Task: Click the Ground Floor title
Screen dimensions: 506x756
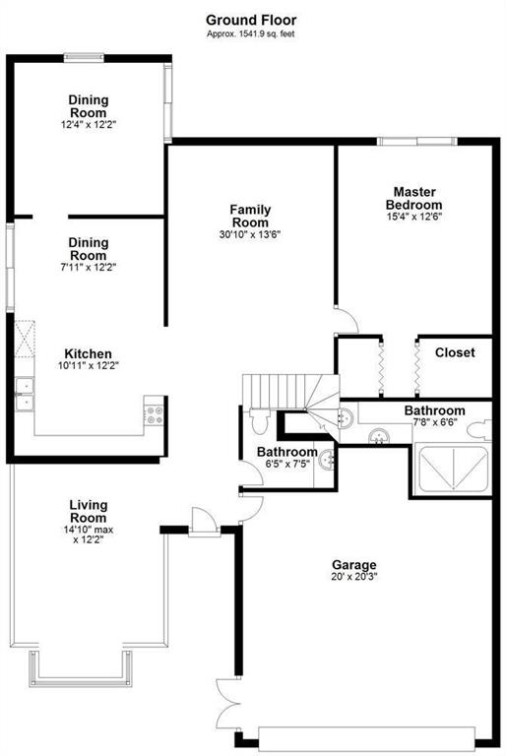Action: [251, 21]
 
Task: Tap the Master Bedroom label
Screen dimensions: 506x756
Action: [413, 198]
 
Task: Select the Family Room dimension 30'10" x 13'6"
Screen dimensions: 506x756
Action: [250, 235]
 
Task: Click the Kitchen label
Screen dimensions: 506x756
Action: [89, 354]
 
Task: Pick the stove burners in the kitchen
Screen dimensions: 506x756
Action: [155, 415]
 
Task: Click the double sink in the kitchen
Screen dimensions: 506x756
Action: [24, 395]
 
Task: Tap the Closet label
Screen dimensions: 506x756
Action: [455, 352]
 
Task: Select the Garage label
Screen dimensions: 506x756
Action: [354, 565]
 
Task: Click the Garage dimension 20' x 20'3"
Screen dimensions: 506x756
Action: [354, 577]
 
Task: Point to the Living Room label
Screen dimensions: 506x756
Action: [89, 512]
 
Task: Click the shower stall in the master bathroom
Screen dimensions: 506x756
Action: [453, 470]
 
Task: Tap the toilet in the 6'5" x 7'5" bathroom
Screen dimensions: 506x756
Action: [260, 420]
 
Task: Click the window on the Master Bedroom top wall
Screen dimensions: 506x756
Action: [416, 142]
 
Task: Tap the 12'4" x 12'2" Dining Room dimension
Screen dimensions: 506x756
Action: [89, 124]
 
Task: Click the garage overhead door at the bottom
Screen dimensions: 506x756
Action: [366, 738]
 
